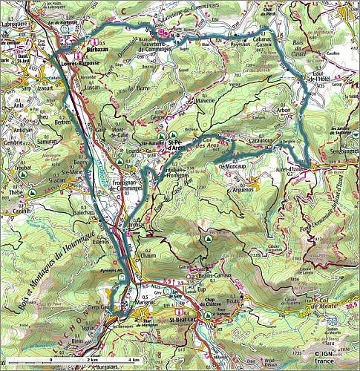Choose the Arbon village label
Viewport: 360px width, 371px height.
point(282,111)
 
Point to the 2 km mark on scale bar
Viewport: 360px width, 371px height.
point(91,359)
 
